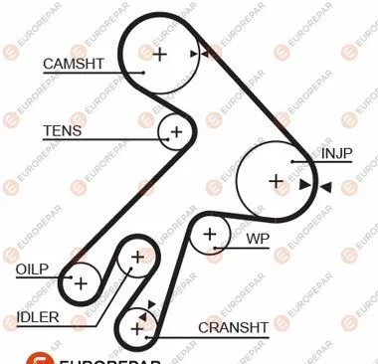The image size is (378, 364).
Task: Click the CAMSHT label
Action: pos(74,64)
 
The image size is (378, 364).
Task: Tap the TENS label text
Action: pos(63,130)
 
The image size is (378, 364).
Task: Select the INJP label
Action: pos(336,153)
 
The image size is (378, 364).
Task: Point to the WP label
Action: pos(258,239)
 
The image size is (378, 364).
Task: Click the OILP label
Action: pos(32,270)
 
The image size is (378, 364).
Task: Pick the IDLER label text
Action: pos(38,317)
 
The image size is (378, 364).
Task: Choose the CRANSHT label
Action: pos(233,328)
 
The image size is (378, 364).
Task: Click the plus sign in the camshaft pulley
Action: pos(159,54)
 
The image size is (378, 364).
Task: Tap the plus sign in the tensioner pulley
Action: pos(176,131)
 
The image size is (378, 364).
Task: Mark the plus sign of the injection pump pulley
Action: pos(276,181)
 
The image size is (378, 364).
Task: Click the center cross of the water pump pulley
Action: pos(210,235)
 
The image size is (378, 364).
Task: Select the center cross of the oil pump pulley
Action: pos(81,283)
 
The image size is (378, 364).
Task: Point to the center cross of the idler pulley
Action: pos(137,258)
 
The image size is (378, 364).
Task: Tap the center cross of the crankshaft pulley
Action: pos(137,329)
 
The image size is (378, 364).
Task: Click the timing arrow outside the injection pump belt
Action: pos(325,187)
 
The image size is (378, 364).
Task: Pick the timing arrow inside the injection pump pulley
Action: pos(304,185)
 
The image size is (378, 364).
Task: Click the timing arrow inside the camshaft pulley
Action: pos(194,54)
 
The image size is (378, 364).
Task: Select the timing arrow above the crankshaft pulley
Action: pos(151,303)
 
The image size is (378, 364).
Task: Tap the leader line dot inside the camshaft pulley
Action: pos(143,73)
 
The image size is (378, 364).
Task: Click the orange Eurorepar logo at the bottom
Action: pos(40,358)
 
